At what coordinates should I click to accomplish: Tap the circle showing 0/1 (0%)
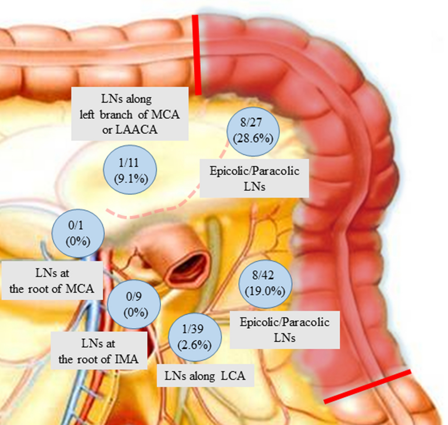tap(78, 234)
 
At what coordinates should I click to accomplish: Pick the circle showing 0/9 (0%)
tap(133, 305)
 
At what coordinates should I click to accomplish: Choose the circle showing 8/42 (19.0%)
tap(266, 284)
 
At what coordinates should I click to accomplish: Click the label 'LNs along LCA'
tap(206, 376)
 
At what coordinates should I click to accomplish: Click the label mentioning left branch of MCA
tap(130, 114)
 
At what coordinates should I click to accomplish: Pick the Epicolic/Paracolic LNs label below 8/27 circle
tap(254, 178)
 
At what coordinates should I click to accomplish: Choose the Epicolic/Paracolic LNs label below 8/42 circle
tap(284, 330)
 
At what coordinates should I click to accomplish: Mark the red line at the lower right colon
tap(367, 387)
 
